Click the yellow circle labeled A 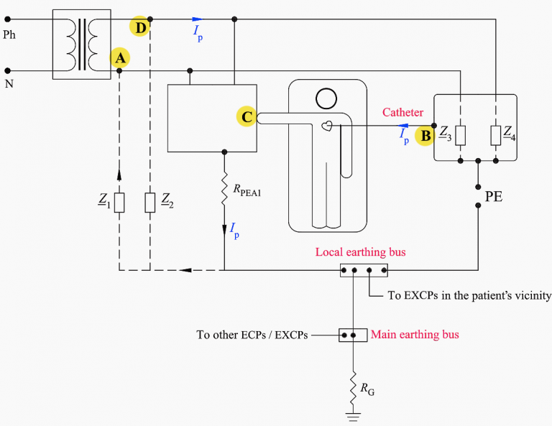coord(120,57)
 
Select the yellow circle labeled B coord(425,136)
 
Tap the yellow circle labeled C coord(247,116)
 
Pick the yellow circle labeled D coord(139,27)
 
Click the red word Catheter coord(402,112)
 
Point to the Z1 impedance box coord(119,203)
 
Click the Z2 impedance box coord(150,203)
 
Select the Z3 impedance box coord(461,136)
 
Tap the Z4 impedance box coord(496,136)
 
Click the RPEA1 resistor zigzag coord(224,188)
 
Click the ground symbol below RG coord(353,417)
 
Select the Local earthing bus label coord(361,252)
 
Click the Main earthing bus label coord(415,334)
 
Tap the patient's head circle coord(326,99)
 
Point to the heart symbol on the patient coord(327,126)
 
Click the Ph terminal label coord(9,34)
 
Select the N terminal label coord(9,84)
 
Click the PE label coord(494,197)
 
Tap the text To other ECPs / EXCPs coord(252,335)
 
